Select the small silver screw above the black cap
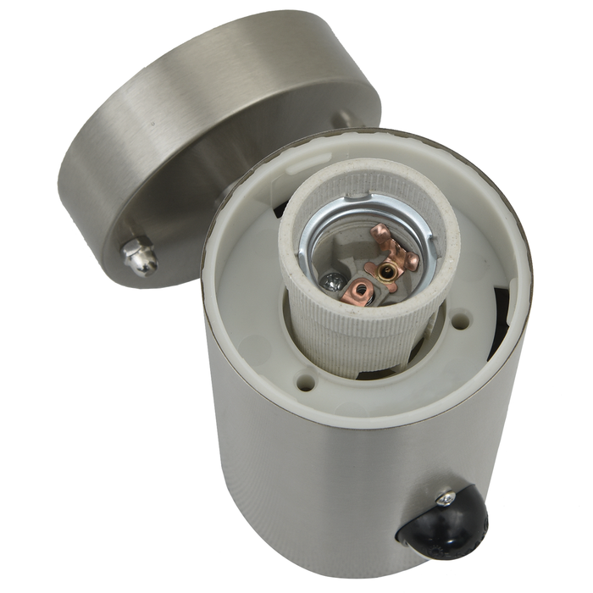[443, 499]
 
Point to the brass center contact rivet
[389, 271]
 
